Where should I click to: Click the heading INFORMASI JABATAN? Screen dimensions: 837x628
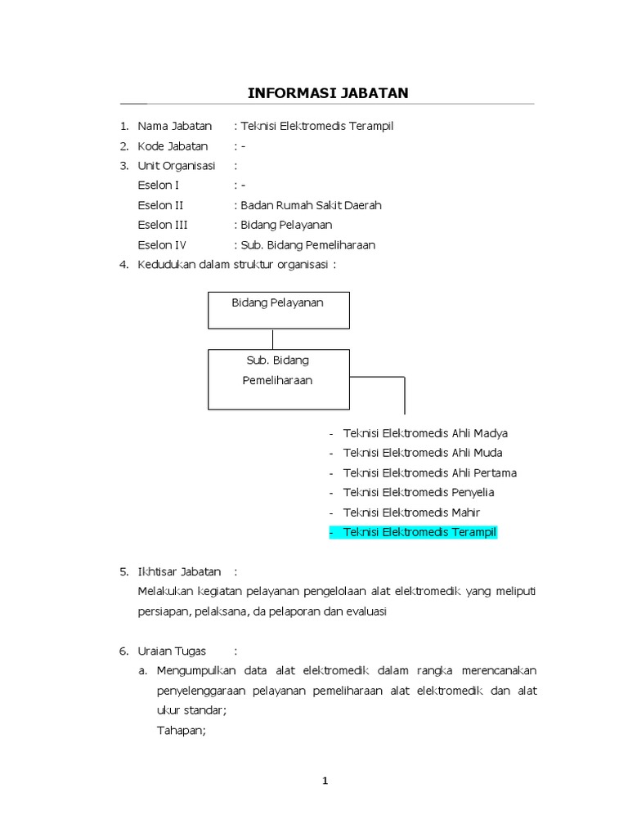328,93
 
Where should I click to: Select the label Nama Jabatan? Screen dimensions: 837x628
174,126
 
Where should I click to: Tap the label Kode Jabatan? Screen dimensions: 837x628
173,146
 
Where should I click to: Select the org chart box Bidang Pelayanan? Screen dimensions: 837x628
279,310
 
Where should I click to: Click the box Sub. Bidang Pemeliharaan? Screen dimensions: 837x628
279,379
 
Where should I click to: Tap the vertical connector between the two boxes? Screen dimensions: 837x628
273,338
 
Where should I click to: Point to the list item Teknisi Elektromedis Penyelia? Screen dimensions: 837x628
419,492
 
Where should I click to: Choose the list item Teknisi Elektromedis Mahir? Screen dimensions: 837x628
411,512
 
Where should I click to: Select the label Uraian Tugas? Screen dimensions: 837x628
172,651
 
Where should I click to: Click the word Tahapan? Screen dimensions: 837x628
182,730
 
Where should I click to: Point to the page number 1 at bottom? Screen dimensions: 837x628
325,781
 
